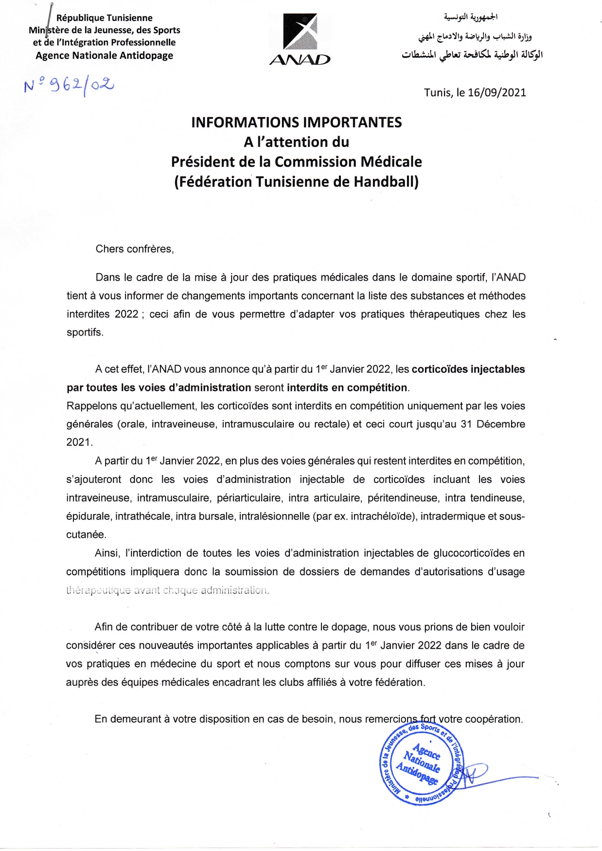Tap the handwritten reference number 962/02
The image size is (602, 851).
(x=70, y=86)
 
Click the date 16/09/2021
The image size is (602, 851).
(x=496, y=92)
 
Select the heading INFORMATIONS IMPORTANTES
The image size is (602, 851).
(x=296, y=122)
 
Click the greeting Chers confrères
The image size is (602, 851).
(x=135, y=249)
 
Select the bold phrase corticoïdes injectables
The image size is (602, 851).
(x=468, y=369)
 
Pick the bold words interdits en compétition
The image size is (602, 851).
(x=347, y=388)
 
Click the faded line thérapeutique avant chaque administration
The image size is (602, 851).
(x=167, y=590)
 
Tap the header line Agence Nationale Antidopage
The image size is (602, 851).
(x=104, y=55)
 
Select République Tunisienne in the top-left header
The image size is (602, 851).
(x=104, y=18)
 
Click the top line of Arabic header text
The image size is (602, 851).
(x=470, y=18)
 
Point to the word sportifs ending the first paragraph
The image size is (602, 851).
(x=85, y=333)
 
